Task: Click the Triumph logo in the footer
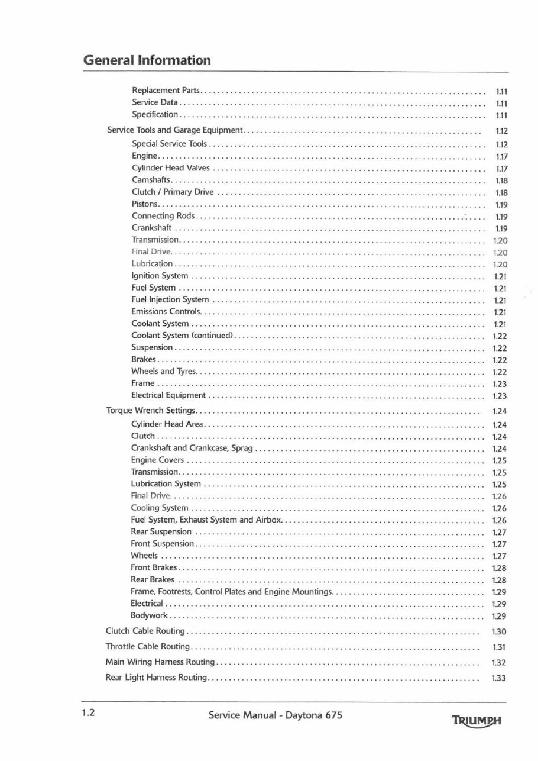pyautogui.click(x=476, y=721)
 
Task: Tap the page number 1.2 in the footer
pyautogui.click(x=89, y=713)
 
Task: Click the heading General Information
pyautogui.click(x=147, y=60)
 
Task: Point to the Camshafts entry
pyautogui.click(x=151, y=180)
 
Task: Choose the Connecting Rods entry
pyautogui.click(x=163, y=216)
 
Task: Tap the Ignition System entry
pyautogui.click(x=160, y=276)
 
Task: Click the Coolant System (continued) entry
pyautogui.click(x=183, y=336)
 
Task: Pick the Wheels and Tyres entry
pyautogui.click(x=163, y=372)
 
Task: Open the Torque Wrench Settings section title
pyautogui.click(x=151, y=411)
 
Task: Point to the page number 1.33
pyautogui.click(x=499, y=678)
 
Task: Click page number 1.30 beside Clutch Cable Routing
pyautogui.click(x=499, y=632)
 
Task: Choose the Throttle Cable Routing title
pyautogui.click(x=148, y=647)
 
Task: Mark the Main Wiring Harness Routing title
pyautogui.click(x=160, y=662)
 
